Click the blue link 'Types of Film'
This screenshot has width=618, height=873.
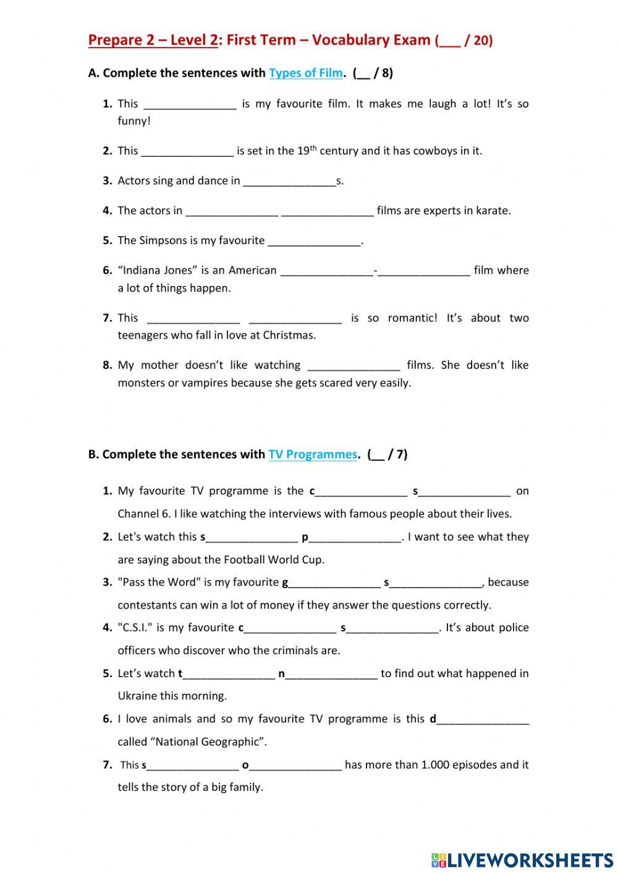point(305,73)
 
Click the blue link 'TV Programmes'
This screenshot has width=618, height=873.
point(313,454)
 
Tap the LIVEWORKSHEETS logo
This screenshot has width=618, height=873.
point(522,859)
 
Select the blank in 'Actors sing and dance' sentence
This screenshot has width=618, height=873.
point(289,182)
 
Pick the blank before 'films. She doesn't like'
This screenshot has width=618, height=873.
point(353,366)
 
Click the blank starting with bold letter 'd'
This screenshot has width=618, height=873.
point(483,720)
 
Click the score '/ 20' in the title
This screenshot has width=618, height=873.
point(478,41)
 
